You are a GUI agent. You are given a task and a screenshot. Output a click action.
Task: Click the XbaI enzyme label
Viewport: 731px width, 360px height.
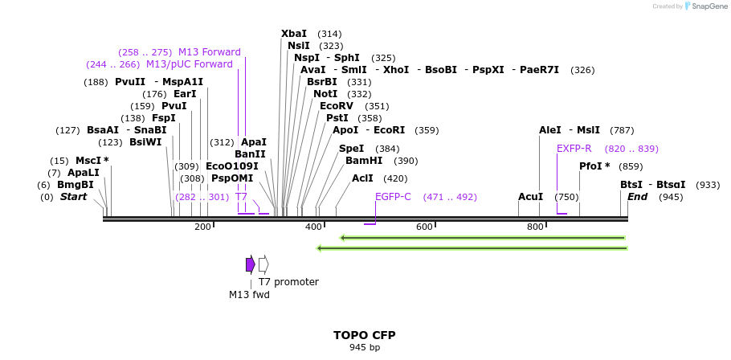[294, 34]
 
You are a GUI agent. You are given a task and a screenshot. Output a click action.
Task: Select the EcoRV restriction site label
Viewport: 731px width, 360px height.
[337, 106]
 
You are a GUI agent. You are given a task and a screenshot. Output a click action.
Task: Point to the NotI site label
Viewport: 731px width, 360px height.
[325, 94]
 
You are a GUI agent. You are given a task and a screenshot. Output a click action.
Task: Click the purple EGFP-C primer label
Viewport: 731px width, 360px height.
[393, 197]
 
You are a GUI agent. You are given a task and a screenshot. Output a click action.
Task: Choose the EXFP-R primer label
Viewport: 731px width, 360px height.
[574, 149]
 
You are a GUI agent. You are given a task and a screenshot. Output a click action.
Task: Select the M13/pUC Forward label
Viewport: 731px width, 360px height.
[190, 64]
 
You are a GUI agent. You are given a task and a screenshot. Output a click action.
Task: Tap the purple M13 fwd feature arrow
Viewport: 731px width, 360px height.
[251, 264]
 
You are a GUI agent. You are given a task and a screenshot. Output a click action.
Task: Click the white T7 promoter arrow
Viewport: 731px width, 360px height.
[263, 264]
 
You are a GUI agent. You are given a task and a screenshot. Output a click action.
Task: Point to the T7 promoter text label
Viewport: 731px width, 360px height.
[288, 282]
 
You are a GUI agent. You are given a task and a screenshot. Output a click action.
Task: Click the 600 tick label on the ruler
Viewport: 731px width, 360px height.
[424, 227]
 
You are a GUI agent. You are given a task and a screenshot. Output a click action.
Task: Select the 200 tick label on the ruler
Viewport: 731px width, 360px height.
[202, 227]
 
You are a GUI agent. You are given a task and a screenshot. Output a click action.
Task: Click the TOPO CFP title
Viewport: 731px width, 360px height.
[365, 335]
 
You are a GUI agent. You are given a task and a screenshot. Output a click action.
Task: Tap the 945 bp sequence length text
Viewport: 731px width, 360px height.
[365, 348]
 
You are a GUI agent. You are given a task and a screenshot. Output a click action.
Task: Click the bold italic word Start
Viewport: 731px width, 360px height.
[73, 197]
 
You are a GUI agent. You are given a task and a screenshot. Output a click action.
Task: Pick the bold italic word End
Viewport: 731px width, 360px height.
[637, 197]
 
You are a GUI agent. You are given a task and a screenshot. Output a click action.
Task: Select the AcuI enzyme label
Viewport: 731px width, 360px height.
[530, 197]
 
